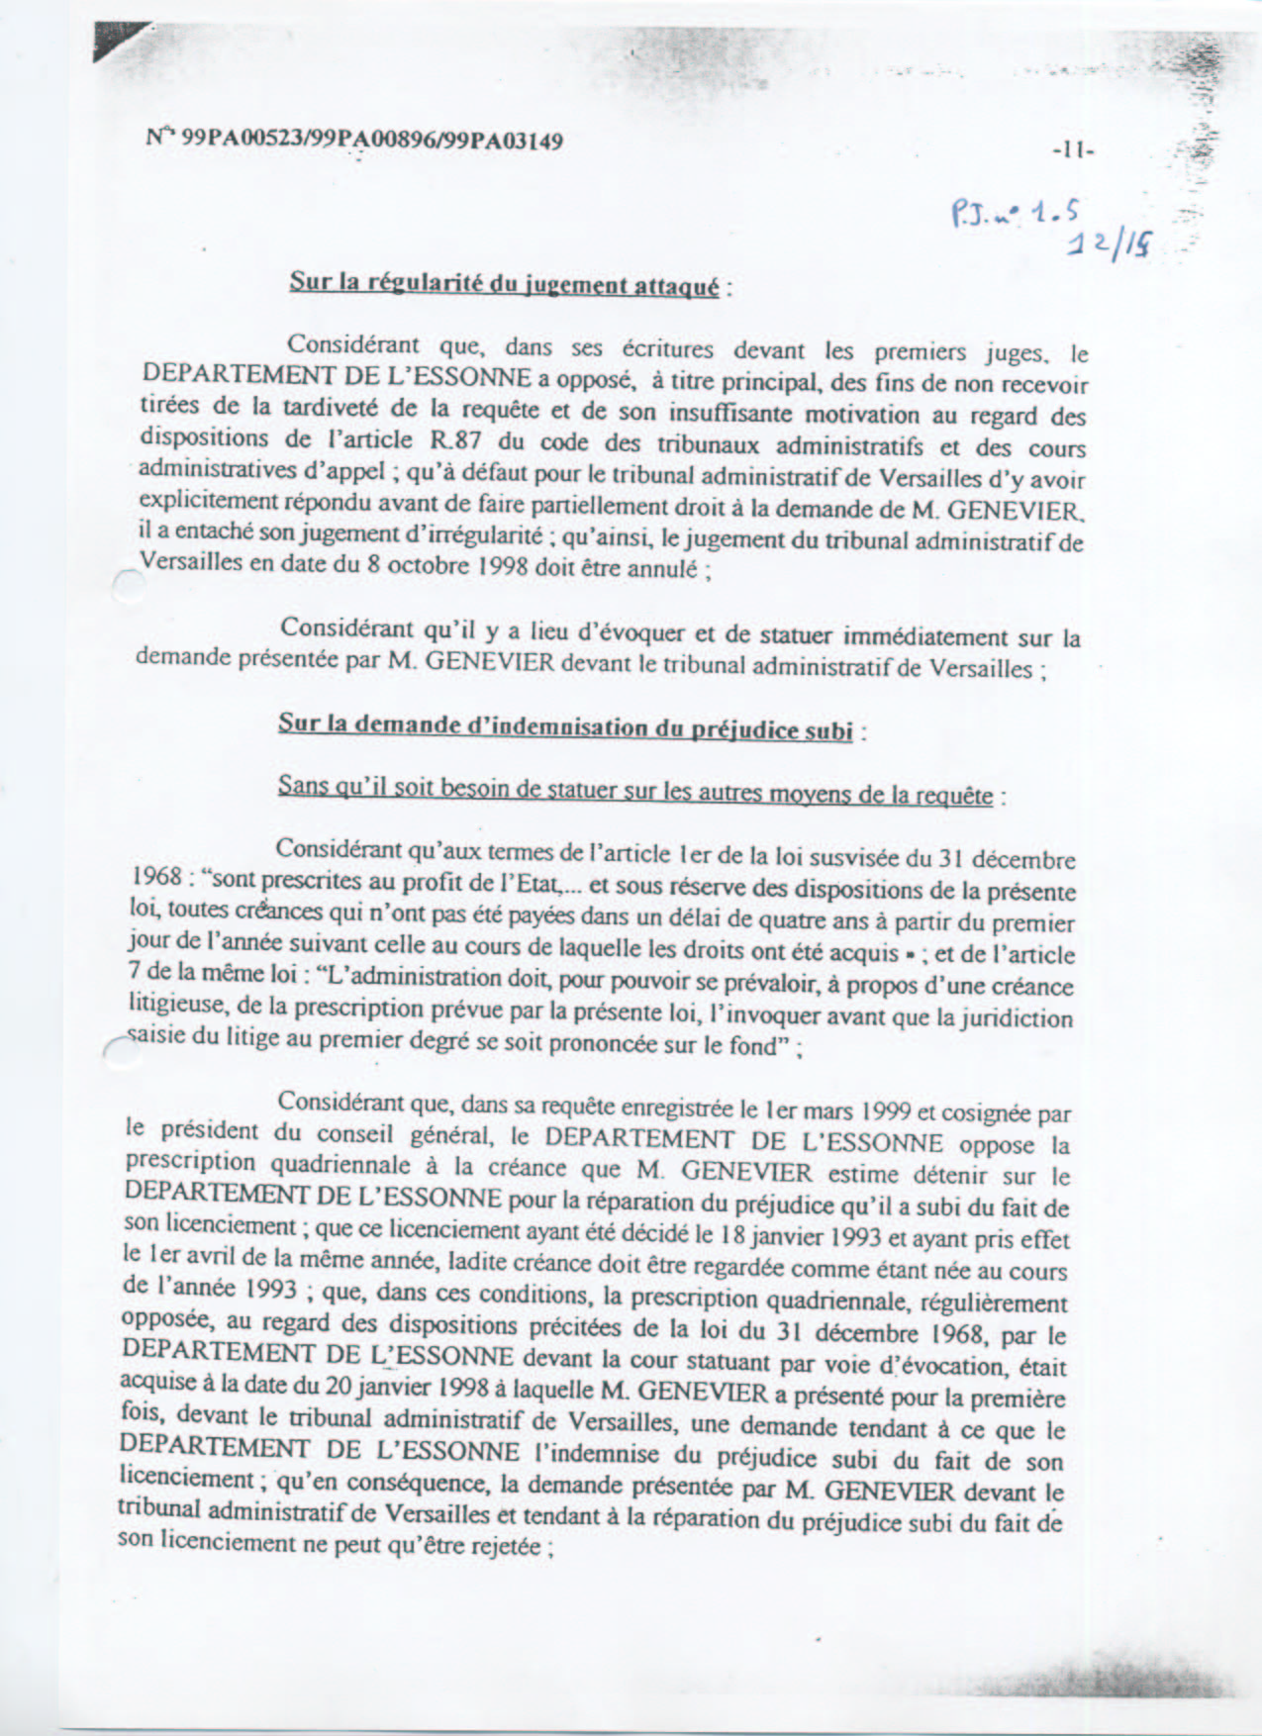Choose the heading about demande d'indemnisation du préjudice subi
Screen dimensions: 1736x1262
(x=565, y=726)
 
